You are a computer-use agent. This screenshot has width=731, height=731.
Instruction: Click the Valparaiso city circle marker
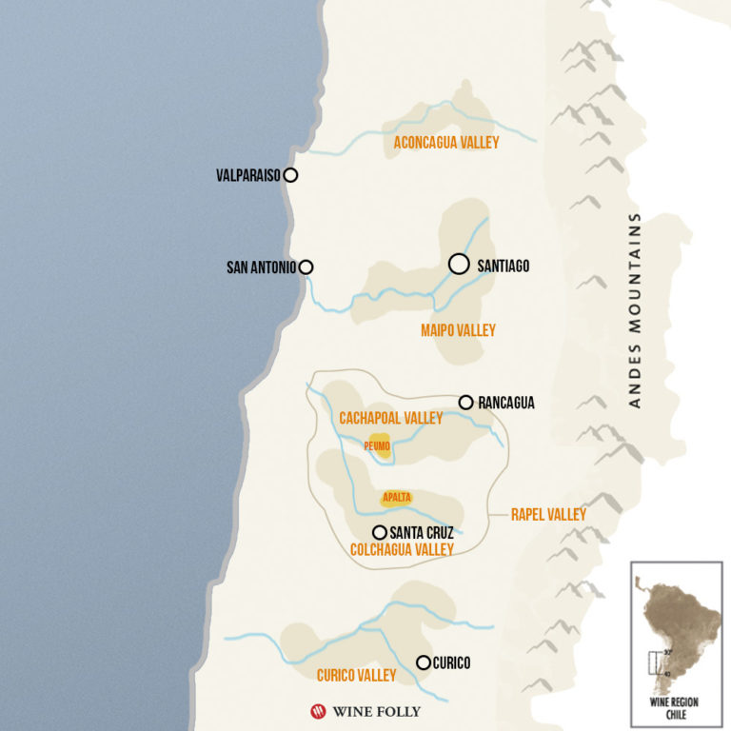pyautogui.click(x=290, y=175)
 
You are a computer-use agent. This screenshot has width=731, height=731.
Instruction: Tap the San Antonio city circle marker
pyautogui.click(x=306, y=267)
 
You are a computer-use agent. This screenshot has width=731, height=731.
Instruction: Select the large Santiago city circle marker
pyautogui.click(x=459, y=264)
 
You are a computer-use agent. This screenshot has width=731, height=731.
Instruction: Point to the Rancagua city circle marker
pyautogui.click(x=465, y=403)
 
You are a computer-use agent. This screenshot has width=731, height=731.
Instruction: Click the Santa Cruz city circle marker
pyautogui.click(x=379, y=532)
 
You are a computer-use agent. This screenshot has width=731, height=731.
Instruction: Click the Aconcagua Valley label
pyautogui.click(x=446, y=142)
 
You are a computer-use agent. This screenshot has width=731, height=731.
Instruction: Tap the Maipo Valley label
pyautogui.click(x=458, y=330)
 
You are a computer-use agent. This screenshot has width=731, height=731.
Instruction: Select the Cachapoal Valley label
pyautogui.click(x=390, y=418)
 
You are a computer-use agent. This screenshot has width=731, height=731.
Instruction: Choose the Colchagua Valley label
pyautogui.click(x=402, y=549)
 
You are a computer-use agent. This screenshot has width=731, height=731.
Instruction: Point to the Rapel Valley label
pyautogui.click(x=548, y=514)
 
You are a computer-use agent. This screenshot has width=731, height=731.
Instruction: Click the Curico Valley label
pyautogui.click(x=356, y=675)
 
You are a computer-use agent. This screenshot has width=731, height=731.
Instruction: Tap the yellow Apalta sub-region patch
pyautogui.click(x=395, y=497)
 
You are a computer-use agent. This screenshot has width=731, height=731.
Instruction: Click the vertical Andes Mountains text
pyautogui.click(x=635, y=310)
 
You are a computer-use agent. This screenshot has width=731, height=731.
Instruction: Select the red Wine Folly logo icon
pyautogui.click(x=318, y=710)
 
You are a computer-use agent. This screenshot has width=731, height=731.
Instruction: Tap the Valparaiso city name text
pyautogui.click(x=248, y=175)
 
